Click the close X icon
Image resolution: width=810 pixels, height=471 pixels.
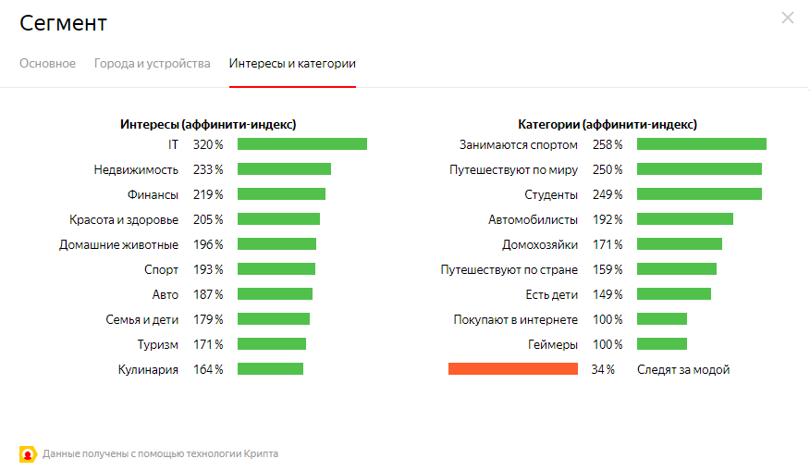click(x=787, y=18)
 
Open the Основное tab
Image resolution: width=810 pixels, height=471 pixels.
click(x=47, y=64)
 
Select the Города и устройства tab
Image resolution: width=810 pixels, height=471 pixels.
click(x=152, y=64)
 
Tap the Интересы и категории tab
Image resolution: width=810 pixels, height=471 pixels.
click(x=292, y=64)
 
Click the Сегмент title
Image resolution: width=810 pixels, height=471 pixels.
click(x=63, y=22)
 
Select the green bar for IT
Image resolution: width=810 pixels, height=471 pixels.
click(x=301, y=144)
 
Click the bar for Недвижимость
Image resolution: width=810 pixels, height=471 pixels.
click(x=284, y=169)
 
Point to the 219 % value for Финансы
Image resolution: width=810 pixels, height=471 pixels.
click(x=207, y=194)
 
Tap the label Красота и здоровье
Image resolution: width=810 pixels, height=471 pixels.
click(x=124, y=219)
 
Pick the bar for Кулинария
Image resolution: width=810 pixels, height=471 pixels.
click(x=270, y=368)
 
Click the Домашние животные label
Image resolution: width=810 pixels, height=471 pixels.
click(x=118, y=244)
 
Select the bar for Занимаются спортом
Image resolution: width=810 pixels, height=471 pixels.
click(x=701, y=144)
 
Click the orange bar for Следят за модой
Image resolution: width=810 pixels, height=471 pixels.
click(x=512, y=368)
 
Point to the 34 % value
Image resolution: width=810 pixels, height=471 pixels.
click(x=603, y=369)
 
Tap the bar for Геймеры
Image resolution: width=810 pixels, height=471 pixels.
click(x=661, y=343)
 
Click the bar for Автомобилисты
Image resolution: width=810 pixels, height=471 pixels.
click(x=684, y=219)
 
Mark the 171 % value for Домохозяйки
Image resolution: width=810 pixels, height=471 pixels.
click(x=607, y=244)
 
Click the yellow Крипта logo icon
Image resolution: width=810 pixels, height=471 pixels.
click(x=27, y=453)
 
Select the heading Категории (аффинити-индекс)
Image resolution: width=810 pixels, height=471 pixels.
click(x=607, y=124)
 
